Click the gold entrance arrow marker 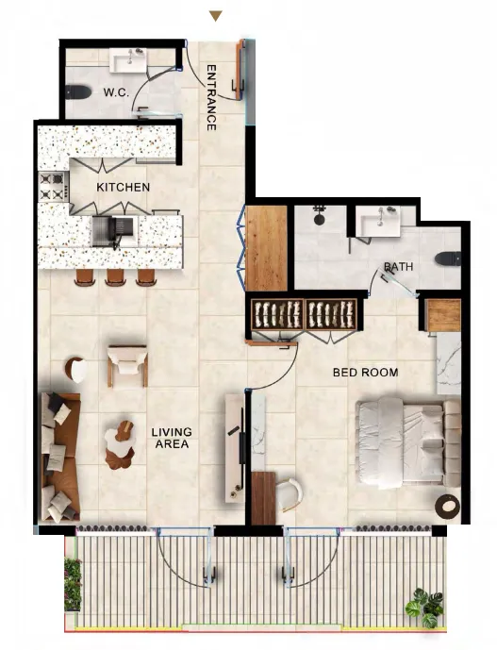[x=216, y=16]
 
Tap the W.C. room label [x=117, y=92]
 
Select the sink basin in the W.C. [x=128, y=60]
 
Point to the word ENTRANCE [x=211, y=97]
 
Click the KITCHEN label [x=124, y=187]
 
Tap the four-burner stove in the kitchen [x=52, y=187]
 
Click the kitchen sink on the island [x=113, y=232]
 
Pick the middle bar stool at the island [x=116, y=277]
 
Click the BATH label [x=398, y=267]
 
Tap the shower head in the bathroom [x=319, y=216]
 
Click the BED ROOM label [x=366, y=373]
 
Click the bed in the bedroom [x=408, y=442]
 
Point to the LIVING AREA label [x=172, y=438]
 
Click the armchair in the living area [x=127, y=366]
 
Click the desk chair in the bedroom [x=289, y=494]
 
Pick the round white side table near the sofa [x=76, y=370]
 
